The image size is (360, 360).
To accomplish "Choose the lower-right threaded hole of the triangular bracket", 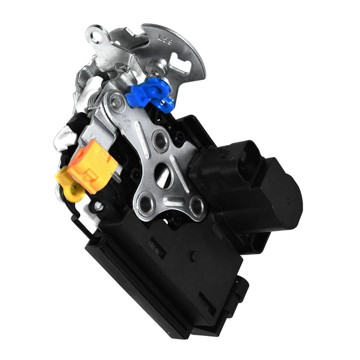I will coord(196,206).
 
